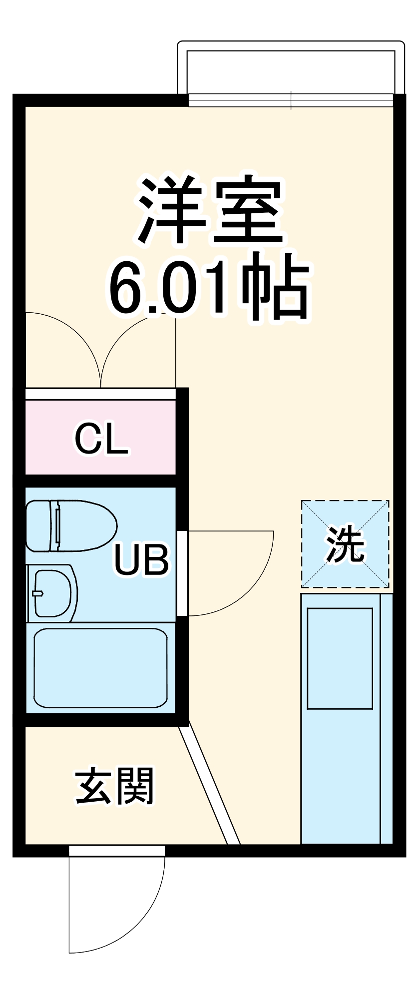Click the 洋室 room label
pos(210,210)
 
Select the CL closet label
pos(101,439)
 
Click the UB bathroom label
pos(141,559)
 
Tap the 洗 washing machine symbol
pos(345,544)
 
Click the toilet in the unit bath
pos(70,525)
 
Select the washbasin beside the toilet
pos(51,593)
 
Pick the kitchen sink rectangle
pos(340,658)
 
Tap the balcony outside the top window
pos(291,70)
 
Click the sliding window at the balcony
pos(291,100)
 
